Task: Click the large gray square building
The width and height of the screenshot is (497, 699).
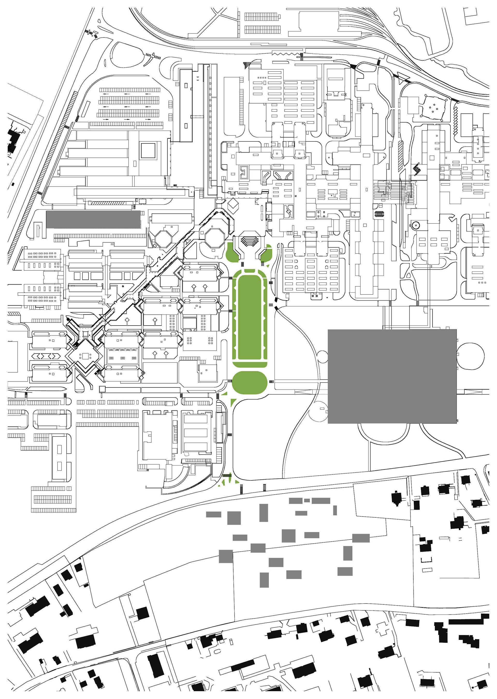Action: click(392, 376)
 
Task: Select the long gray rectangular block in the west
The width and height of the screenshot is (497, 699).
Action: click(93, 219)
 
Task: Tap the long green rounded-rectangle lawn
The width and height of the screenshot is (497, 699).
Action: click(250, 317)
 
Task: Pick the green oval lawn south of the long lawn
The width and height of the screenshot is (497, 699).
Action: click(250, 383)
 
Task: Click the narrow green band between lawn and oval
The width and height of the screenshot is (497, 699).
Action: click(250, 364)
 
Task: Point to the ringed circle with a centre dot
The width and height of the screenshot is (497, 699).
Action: click(415, 226)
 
